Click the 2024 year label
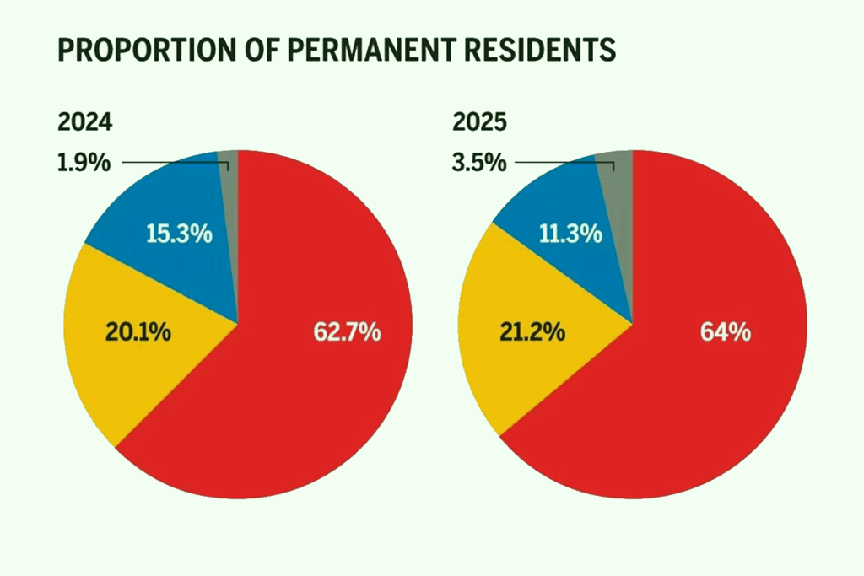[84, 122]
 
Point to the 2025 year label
[479, 122]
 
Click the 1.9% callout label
[84, 163]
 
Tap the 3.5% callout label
[478, 163]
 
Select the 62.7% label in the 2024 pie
[347, 332]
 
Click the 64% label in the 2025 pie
[726, 332]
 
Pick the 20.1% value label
[138, 332]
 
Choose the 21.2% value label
[532, 332]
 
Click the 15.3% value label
[178, 234]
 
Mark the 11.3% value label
[571, 234]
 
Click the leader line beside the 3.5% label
[557, 163]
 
